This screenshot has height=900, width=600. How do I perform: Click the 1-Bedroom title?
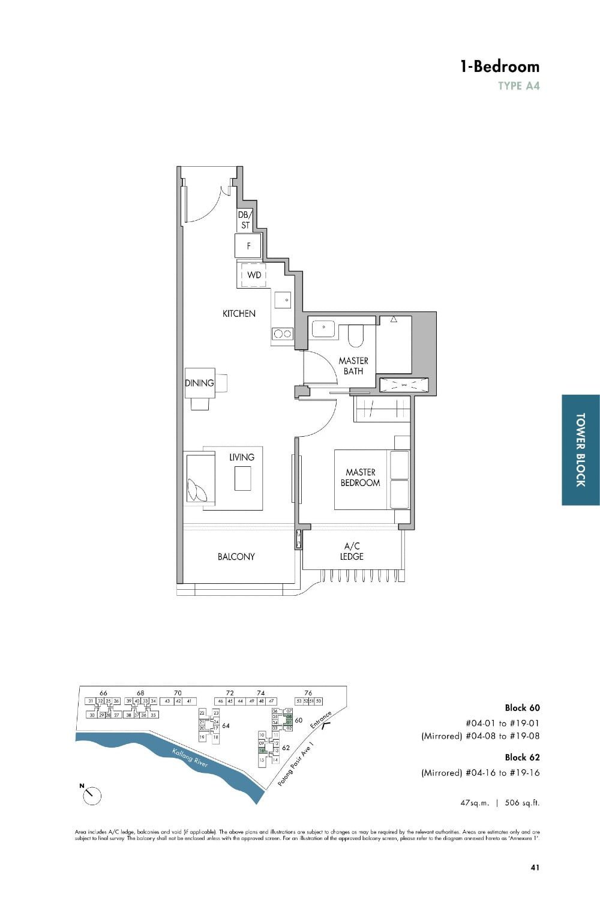click(499, 67)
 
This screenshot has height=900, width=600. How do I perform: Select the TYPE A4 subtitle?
click(518, 86)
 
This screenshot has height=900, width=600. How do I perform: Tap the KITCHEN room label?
click(239, 313)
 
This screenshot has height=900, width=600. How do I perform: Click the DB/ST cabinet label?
click(245, 220)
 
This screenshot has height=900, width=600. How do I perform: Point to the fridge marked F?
click(248, 246)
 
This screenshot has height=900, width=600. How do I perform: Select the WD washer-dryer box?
click(254, 275)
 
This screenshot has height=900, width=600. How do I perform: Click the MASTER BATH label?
click(353, 365)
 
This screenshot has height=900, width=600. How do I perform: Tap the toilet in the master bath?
click(356, 336)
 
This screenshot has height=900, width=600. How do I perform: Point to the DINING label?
click(199, 383)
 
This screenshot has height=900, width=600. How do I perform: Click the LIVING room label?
click(241, 457)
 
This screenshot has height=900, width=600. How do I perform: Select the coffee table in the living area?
click(242, 478)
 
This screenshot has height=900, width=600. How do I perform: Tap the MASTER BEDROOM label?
click(360, 478)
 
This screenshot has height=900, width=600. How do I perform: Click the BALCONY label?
click(236, 557)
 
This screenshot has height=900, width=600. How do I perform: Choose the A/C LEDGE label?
click(352, 551)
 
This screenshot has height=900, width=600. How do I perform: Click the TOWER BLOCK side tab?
click(580, 449)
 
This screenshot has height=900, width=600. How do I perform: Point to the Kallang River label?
click(190, 758)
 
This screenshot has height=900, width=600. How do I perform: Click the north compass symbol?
click(92, 795)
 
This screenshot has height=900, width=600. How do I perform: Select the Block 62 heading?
click(522, 757)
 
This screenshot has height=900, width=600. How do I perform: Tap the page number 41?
click(535, 867)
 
